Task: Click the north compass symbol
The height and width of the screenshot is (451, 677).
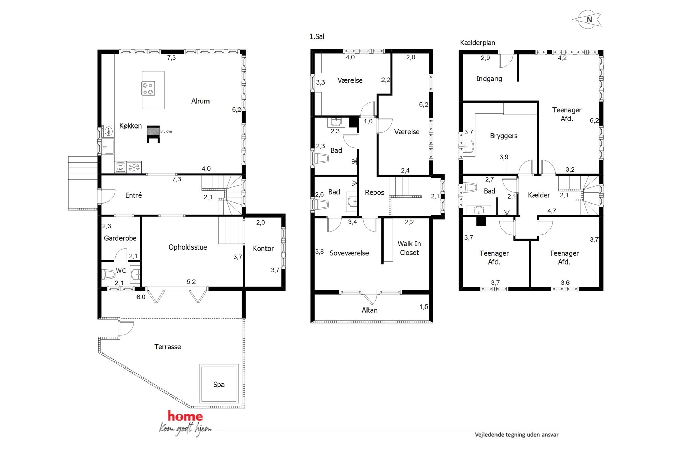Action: pos(588,19)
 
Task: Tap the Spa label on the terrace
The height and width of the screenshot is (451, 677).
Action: pos(219,385)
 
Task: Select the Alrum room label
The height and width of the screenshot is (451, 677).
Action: pos(200,101)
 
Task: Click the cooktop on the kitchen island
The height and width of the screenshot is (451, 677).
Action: pos(148,89)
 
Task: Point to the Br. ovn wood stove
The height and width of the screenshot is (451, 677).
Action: pos(153,134)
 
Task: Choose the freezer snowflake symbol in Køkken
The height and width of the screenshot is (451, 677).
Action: pos(134,167)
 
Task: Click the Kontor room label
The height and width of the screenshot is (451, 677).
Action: pos(263,249)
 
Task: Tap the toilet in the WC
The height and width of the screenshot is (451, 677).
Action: pos(109,274)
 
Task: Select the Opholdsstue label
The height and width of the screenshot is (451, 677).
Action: pos(188,247)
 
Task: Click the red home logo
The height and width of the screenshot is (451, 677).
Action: pos(185,416)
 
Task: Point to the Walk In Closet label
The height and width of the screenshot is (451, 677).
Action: pos(409,248)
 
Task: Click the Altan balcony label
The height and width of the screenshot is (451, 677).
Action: pos(370,310)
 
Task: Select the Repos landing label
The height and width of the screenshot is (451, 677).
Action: pos(375,192)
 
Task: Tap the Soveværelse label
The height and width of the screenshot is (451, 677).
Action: pos(349,253)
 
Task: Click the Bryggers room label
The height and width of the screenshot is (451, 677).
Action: pos(504,136)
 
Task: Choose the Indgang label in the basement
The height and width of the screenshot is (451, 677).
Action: pos(489,79)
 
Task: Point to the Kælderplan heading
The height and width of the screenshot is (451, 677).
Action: pos(477,43)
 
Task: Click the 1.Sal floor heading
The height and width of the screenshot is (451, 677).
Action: pos(317,36)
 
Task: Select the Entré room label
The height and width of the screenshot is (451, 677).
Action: pos(133,195)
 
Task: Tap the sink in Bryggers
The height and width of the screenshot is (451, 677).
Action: pos(467,147)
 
